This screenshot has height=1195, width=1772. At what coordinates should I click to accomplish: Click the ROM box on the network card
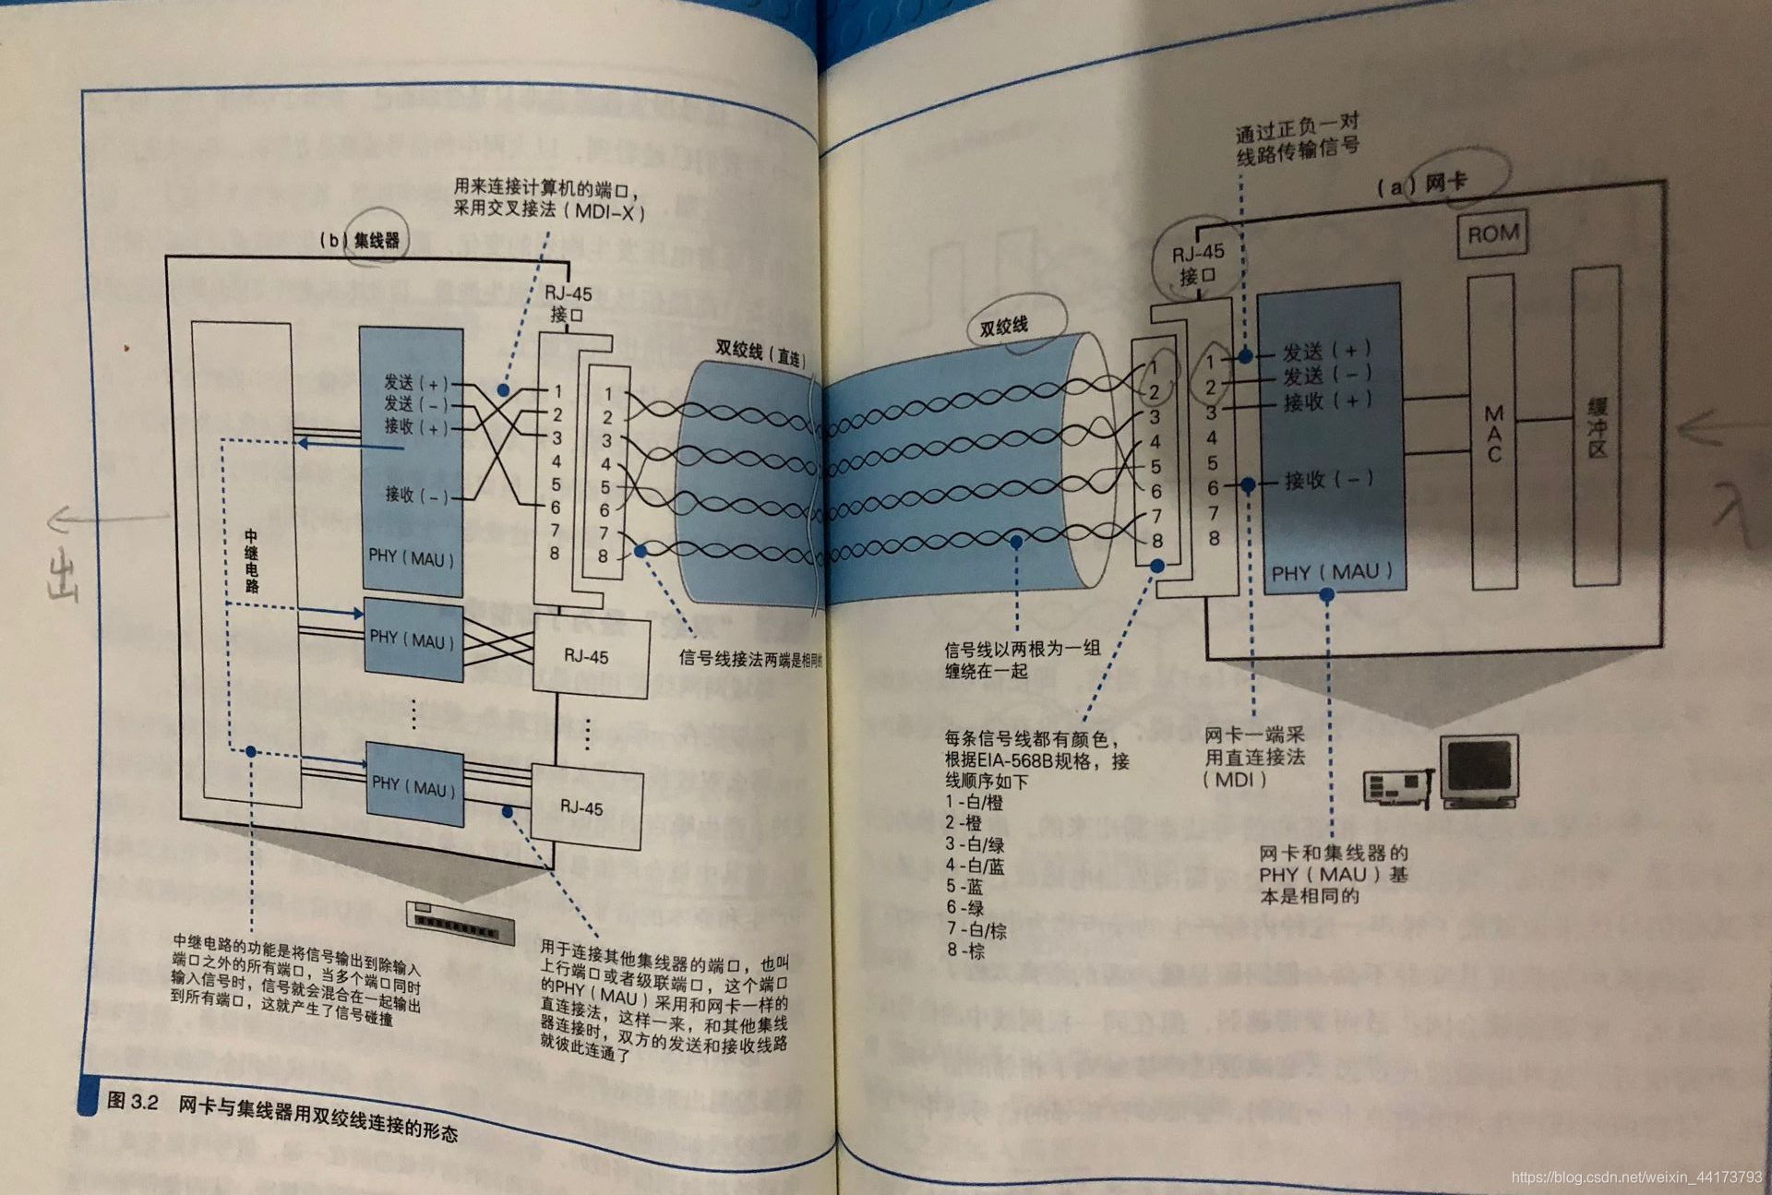(1492, 234)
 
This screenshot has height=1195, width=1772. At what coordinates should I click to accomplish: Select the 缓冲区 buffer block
(1597, 426)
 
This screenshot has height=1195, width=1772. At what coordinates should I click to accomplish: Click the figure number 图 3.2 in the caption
(133, 1101)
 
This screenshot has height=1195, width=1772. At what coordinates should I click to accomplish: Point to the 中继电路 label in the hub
(251, 561)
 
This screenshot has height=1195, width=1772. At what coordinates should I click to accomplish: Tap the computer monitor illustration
(1480, 771)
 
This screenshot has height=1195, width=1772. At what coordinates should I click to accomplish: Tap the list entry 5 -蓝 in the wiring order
(964, 887)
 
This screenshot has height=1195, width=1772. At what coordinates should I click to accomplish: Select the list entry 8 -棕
(965, 951)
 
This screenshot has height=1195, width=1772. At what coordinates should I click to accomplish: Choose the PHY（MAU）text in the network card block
(1331, 573)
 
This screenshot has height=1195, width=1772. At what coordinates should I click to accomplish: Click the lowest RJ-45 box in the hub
(585, 808)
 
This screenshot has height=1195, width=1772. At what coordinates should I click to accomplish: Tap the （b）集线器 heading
(360, 241)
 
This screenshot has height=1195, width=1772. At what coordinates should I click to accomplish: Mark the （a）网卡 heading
(1421, 185)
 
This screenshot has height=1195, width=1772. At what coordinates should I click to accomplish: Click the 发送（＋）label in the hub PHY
(415, 382)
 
